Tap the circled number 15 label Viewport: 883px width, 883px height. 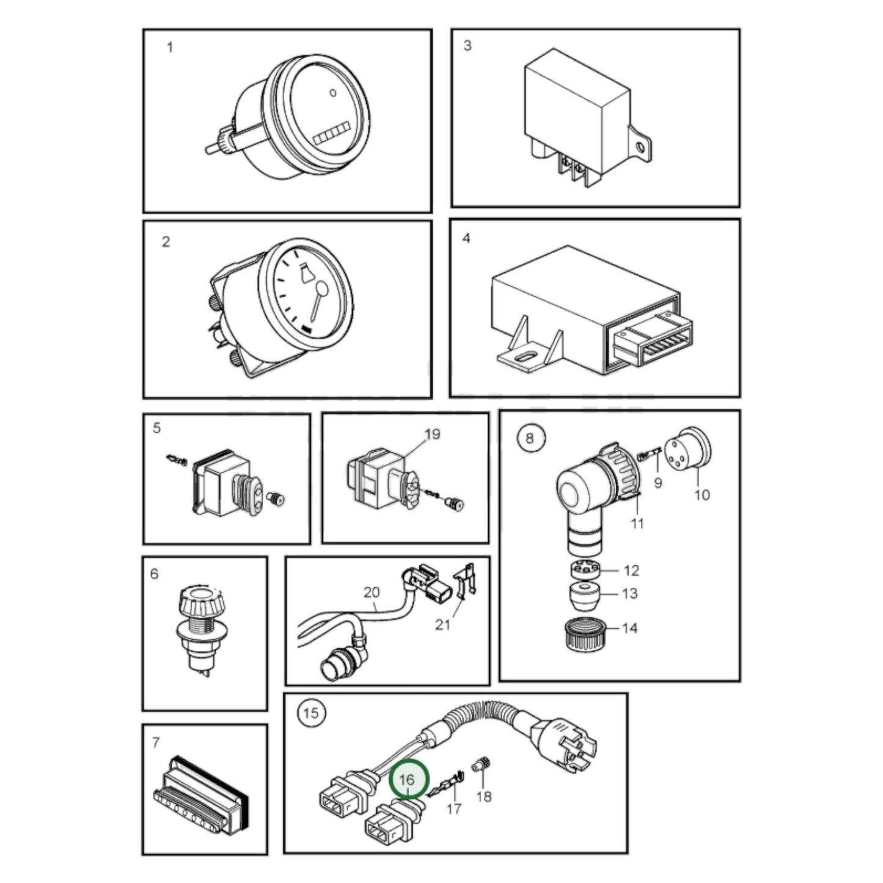click(x=311, y=713)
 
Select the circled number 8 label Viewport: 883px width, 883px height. click(x=529, y=438)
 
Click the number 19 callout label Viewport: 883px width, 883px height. click(x=432, y=434)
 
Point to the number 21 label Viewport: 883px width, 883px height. click(x=442, y=625)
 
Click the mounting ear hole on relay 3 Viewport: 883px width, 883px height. click(x=640, y=147)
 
